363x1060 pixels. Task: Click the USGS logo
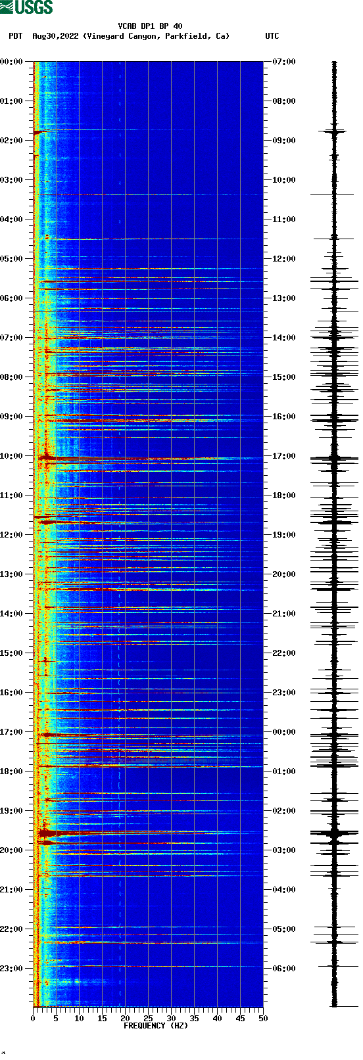(26, 7)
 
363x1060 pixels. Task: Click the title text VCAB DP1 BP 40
(150, 26)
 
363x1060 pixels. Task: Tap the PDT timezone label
(16, 36)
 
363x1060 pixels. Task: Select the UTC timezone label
(272, 36)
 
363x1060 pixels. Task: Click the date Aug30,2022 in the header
(55, 36)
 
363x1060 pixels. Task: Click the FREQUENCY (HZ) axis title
(156, 1025)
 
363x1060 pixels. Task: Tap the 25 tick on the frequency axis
(148, 1018)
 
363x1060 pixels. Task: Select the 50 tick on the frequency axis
(263, 1018)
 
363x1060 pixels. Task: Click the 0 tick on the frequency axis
(33, 1018)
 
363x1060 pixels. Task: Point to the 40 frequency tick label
(217, 1018)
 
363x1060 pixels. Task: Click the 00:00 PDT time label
(12, 62)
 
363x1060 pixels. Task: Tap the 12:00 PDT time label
(12, 535)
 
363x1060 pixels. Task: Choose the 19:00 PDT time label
(12, 811)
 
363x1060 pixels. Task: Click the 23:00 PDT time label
(12, 969)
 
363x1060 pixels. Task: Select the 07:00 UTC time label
(283, 62)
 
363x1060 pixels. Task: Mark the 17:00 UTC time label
(283, 456)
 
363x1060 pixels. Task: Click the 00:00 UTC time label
(283, 732)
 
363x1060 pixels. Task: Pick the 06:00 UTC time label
(283, 969)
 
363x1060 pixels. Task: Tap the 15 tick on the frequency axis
(102, 1018)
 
